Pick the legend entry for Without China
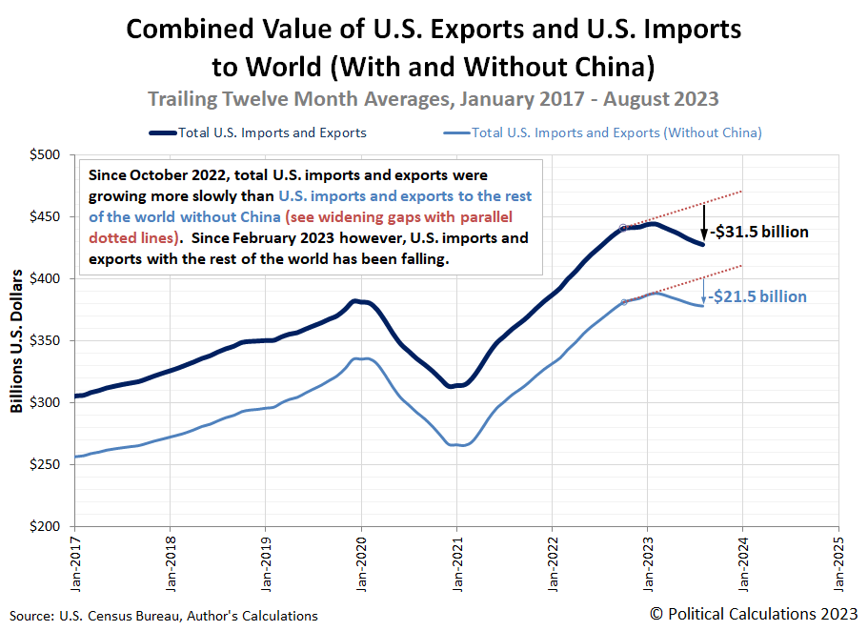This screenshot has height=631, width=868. coord(616,132)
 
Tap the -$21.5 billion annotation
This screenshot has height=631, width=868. coord(758,296)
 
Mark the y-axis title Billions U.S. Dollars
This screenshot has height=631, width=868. coord(17,341)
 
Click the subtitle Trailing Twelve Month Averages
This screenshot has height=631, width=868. coord(434,98)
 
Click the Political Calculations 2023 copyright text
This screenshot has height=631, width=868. coord(754,614)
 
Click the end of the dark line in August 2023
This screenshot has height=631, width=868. coord(703,245)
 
